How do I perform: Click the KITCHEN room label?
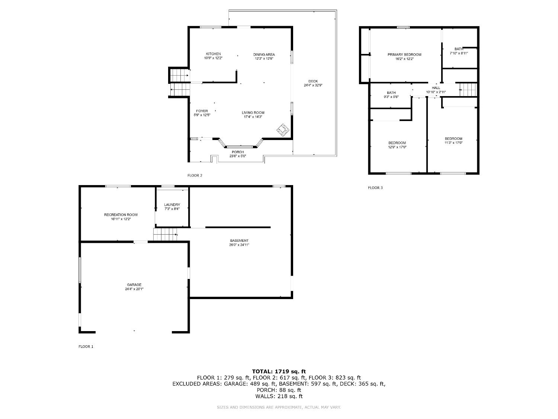point(213,54)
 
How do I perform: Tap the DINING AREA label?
point(264,54)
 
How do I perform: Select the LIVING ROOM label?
point(253,113)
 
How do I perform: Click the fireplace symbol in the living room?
point(283,129)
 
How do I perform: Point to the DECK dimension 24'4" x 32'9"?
point(313,85)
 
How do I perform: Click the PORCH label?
point(238,152)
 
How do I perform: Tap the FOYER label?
point(202,111)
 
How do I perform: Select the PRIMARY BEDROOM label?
point(404,55)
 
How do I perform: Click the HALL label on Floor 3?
point(436,88)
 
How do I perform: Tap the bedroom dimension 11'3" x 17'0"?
point(453,143)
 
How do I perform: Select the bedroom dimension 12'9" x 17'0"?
point(397,147)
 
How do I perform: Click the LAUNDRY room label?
point(172,205)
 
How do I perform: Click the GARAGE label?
point(134,285)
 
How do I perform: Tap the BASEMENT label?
point(239,241)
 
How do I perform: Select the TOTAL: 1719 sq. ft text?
point(279,371)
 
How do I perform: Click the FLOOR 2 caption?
point(195,175)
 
